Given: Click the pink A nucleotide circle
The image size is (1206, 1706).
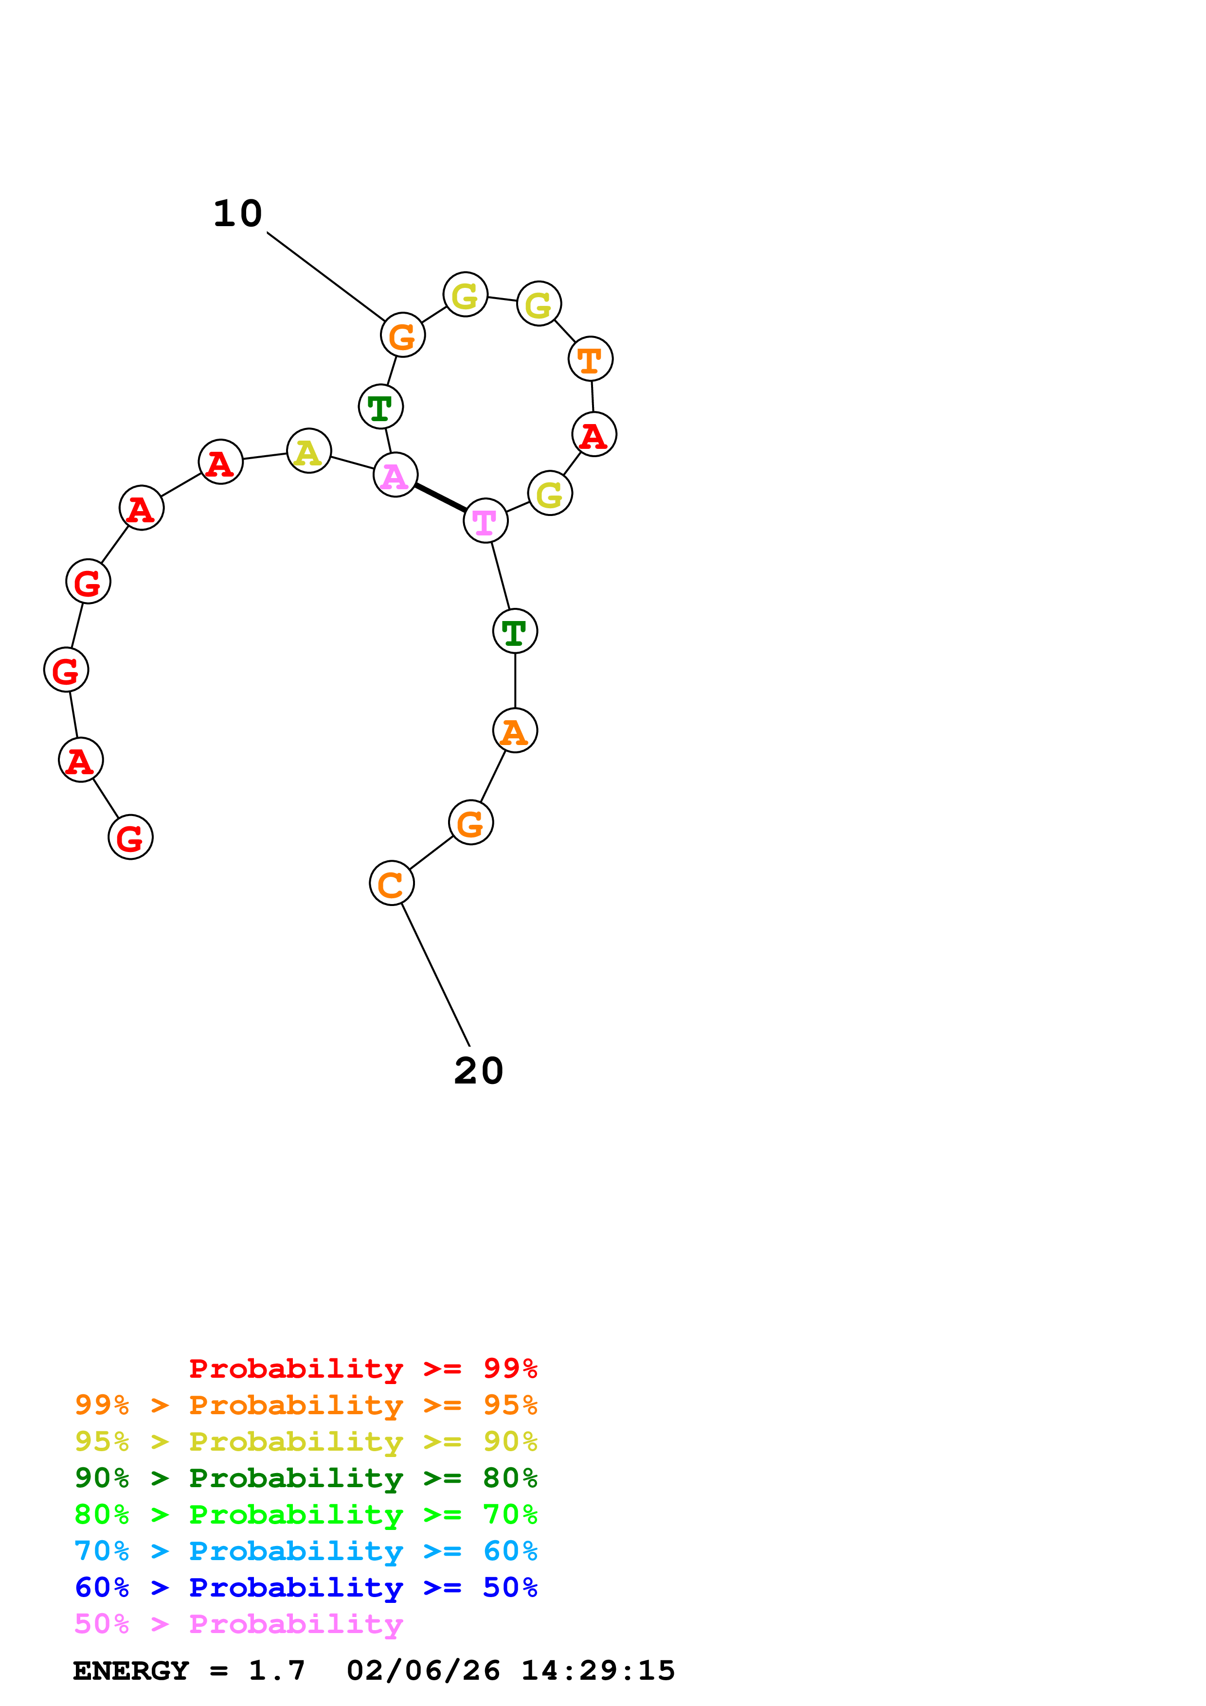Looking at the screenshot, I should tap(396, 475).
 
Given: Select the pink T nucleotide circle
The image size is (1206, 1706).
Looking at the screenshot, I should tap(485, 521).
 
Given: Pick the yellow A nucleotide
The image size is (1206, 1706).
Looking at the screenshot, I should tap(308, 451).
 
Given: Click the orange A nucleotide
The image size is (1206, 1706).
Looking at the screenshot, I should tap(515, 730).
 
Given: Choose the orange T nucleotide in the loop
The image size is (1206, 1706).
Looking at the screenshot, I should tap(590, 359).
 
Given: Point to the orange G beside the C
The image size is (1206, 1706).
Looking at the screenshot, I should tap(471, 822).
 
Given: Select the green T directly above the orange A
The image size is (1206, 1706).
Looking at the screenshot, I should tap(515, 632).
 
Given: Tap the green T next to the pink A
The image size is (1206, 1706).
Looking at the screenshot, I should tap(380, 407).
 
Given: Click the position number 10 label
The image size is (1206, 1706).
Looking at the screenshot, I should tap(238, 214).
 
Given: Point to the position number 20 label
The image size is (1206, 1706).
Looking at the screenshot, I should tap(479, 1071).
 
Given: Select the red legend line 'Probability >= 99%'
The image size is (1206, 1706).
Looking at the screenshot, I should tap(362, 1368).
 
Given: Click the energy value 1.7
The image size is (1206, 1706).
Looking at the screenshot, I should tap(276, 1670).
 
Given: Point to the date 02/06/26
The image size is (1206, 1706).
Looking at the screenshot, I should tap(424, 1670).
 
